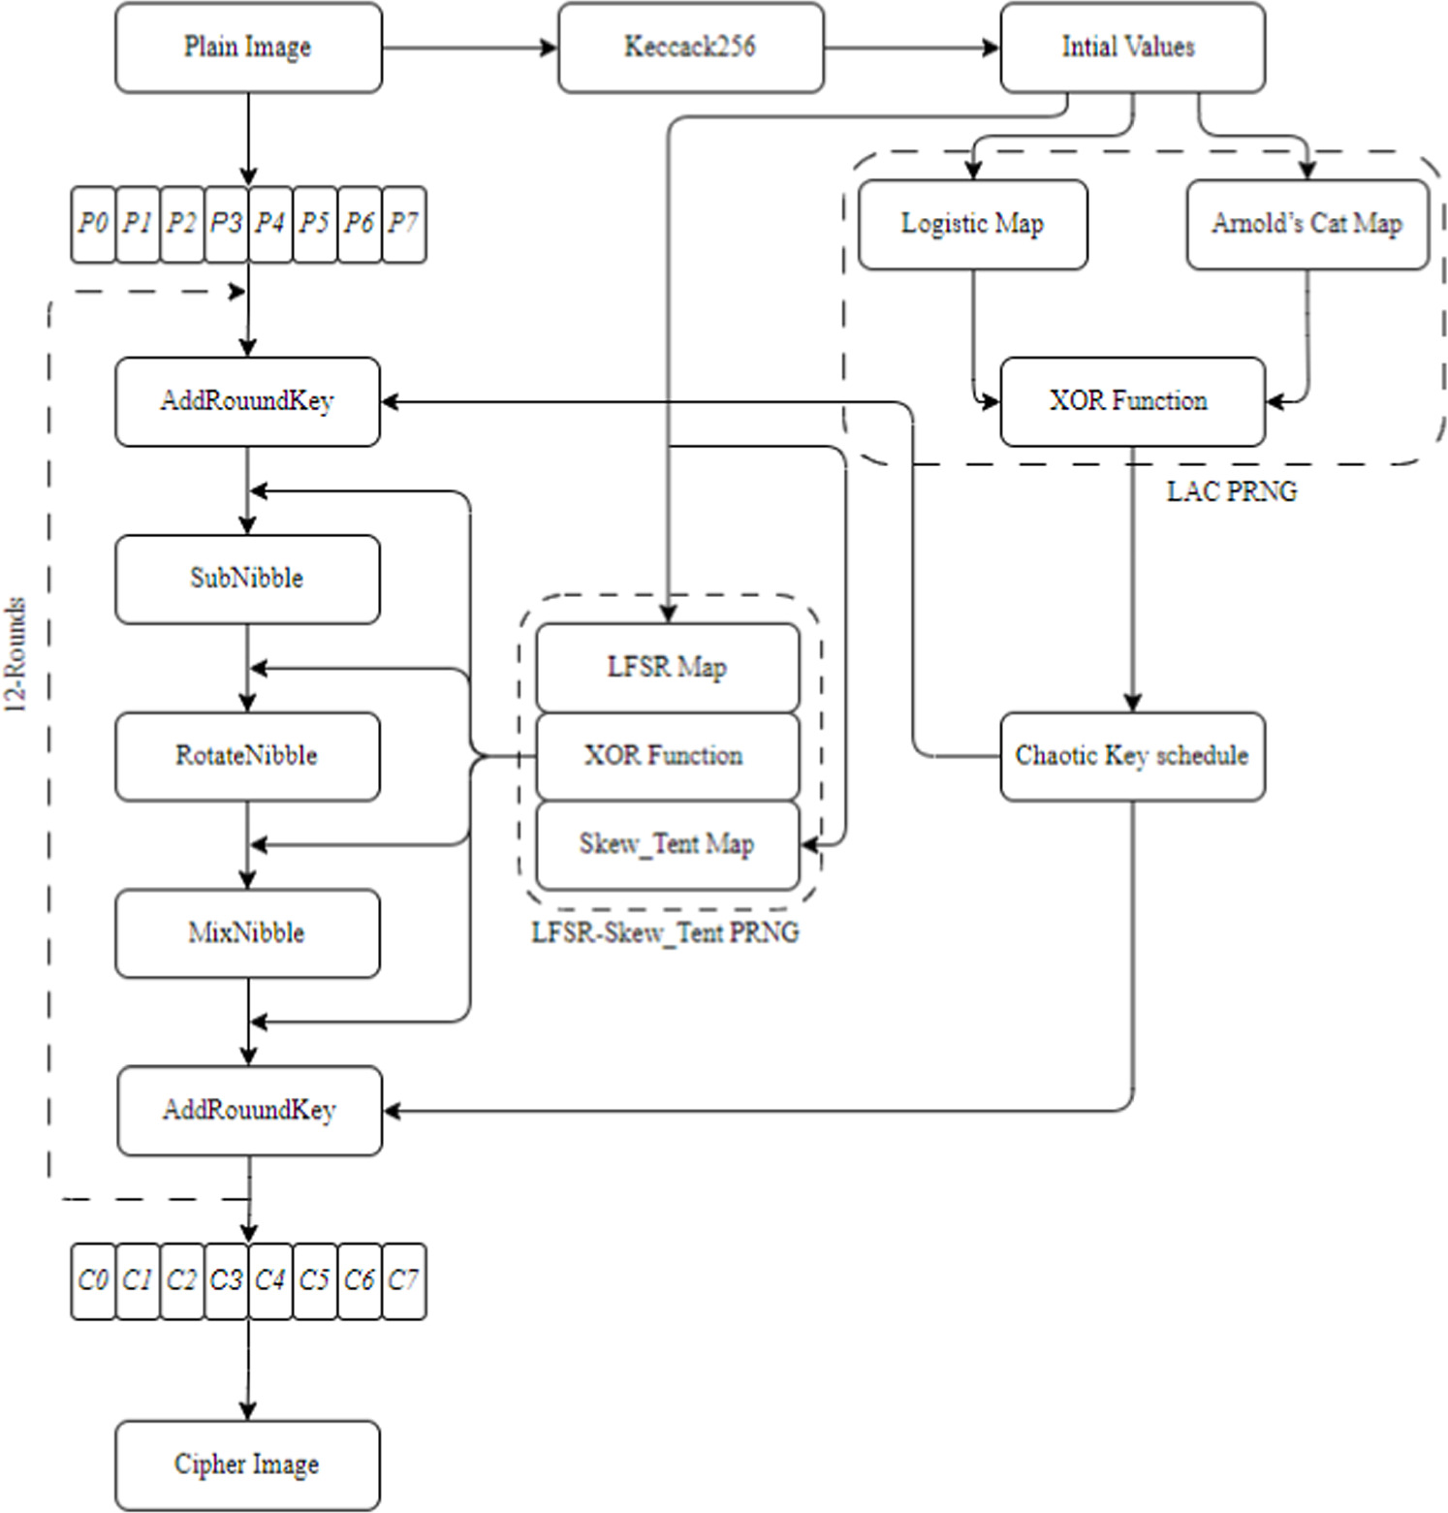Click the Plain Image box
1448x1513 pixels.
tap(248, 47)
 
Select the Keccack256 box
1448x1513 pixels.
tap(690, 47)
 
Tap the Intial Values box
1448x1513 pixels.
tap(1131, 47)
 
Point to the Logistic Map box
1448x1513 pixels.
tap(972, 224)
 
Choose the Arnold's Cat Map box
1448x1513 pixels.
tap(1306, 224)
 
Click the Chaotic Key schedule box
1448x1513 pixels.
tap(1131, 756)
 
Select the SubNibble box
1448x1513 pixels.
tap(247, 579)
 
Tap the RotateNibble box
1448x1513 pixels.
tap(247, 756)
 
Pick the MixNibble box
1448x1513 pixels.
tap(247, 933)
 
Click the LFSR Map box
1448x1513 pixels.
tap(667, 668)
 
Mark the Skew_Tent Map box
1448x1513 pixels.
tap(667, 844)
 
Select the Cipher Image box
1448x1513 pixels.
tap(247, 1465)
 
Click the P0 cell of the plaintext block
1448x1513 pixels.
tap(93, 224)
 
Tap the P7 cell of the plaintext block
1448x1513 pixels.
tap(404, 224)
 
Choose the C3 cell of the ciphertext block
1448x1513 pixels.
tap(226, 1281)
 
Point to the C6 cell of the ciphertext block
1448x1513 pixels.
tap(360, 1281)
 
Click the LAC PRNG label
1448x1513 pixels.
tap(1231, 491)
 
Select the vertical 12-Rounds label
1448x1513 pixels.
tap(16, 655)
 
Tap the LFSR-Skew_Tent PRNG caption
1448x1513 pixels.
tap(666, 932)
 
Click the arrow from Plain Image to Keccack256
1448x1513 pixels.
tap(469, 47)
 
